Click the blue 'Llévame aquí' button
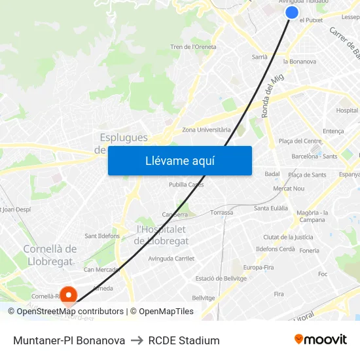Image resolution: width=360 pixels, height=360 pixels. pyautogui.click(x=180, y=161)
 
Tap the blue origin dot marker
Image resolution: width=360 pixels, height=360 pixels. pyautogui.click(x=292, y=12)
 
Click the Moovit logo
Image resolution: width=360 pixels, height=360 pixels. pyautogui.click(x=320, y=340)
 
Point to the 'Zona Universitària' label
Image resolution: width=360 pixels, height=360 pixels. pyautogui.click(x=206, y=130)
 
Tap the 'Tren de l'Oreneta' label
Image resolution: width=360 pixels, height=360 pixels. pyautogui.click(x=193, y=47)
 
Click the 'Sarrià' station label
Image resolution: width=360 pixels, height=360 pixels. pyautogui.click(x=260, y=57)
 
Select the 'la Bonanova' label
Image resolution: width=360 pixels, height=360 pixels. pyautogui.click(x=300, y=62)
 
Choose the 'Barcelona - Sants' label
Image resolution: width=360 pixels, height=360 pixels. pyautogui.click(x=314, y=156)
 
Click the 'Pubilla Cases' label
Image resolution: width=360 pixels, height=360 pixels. pyautogui.click(x=187, y=185)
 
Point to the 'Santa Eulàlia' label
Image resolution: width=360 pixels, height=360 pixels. pyautogui.click(x=271, y=208)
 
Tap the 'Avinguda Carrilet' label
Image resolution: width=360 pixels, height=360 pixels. pyautogui.click(x=171, y=259)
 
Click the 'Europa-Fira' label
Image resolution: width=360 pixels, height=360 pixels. pyautogui.click(x=259, y=268)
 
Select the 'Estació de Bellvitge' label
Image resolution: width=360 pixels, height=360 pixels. pyautogui.click(x=221, y=279)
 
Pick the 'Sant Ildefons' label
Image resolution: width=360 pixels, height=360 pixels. pyautogui.click(x=102, y=236)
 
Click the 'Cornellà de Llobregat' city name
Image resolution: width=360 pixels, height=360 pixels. pyautogui.click(x=50, y=255)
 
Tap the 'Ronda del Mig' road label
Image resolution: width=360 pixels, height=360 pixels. pyautogui.click(x=273, y=96)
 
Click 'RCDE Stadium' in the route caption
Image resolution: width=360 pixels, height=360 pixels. pyautogui.click(x=184, y=340)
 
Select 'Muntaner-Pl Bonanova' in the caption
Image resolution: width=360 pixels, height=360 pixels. pyautogui.click(x=69, y=340)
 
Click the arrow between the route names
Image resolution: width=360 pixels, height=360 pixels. pyautogui.click(x=137, y=340)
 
